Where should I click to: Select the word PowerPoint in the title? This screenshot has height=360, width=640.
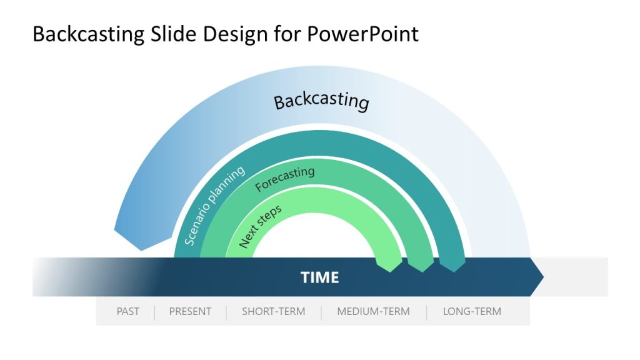(362, 34)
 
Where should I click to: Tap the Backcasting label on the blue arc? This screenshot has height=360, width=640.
(321, 101)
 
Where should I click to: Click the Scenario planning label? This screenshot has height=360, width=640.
(214, 206)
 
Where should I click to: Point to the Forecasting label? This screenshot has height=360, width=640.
(284, 179)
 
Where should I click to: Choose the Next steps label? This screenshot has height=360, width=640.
(260, 226)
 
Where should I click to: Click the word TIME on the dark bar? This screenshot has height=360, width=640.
(319, 277)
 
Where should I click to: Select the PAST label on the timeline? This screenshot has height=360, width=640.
(127, 311)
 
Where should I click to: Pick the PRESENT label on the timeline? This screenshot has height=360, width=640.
(190, 311)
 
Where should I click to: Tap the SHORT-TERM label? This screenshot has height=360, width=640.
(273, 311)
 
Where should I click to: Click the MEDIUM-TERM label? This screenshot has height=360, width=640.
(373, 311)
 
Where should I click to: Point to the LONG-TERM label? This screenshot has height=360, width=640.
(472, 311)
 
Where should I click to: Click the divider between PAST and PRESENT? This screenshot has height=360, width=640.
(154, 312)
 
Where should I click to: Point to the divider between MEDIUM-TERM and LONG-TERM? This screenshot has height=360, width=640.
(427, 312)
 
